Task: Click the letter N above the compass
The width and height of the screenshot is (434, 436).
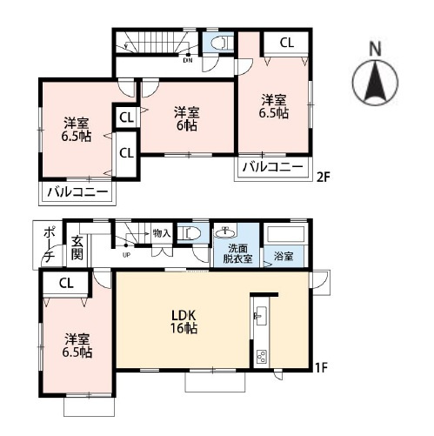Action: coord(376,49)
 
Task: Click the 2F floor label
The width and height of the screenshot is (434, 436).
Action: coord(323,178)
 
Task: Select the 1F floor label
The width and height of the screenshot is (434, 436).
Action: coord(321,368)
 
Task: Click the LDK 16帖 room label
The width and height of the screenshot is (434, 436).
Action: coord(184,321)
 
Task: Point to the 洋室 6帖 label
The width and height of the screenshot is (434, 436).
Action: coord(186,119)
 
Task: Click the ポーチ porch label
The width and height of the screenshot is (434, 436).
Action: coord(49,245)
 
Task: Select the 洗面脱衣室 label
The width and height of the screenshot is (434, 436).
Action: coord(237,253)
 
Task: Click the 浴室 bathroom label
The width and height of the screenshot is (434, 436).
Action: coord(284,256)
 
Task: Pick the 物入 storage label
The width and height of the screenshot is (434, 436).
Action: coord(162,233)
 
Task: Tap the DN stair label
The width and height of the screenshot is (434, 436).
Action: coord(188,61)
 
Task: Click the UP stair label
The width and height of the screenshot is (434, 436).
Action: coord(126,255)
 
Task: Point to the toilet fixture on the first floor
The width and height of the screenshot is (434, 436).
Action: coord(189,233)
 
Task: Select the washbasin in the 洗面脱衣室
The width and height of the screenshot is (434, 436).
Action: coord(225,231)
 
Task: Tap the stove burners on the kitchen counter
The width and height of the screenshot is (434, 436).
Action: coord(261,357)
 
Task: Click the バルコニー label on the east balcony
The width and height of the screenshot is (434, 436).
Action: coord(273,167)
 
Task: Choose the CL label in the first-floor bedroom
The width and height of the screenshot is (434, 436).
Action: coord(66,284)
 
